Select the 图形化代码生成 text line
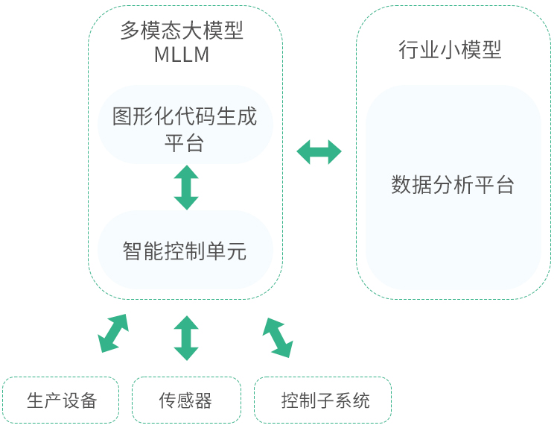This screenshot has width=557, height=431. (x=185, y=116)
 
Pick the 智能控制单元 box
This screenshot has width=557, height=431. (x=185, y=251)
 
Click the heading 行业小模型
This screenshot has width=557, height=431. (x=450, y=50)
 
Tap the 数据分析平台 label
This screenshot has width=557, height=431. (x=453, y=185)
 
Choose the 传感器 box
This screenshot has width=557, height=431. (x=185, y=400)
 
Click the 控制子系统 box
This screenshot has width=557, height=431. (x=322, y=400)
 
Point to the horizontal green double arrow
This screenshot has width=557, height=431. (x=319, y=152)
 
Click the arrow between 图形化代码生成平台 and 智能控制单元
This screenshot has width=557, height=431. (x=185, y=187)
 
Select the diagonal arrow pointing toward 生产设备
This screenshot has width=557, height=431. (x=113, y=333)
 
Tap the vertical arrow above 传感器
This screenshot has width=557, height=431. (x=185, y=338)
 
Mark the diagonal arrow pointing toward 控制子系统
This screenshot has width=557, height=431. (x=277, y=338)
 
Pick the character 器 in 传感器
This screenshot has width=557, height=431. (x=203, y=400)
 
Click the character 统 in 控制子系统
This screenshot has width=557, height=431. (x=361, y=400)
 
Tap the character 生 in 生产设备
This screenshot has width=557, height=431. (x=35, y=400)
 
